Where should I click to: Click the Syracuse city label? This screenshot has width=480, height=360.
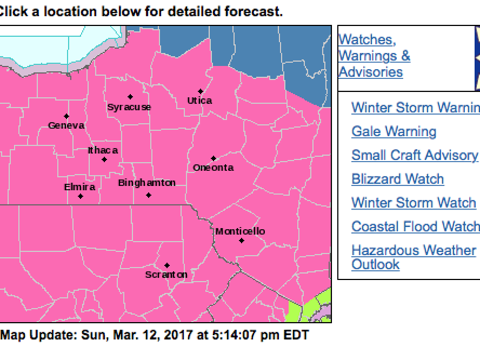click(x=129, y=107)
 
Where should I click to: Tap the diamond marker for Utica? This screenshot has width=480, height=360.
click(x=200, y=92)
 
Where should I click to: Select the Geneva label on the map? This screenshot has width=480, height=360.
click(x=66, y=126)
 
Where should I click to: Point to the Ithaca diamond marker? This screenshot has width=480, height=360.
click(x=104, y=160)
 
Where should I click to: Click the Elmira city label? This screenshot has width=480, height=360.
click(x=80, y=187)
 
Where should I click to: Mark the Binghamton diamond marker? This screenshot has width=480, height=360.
click(x=148, y=195)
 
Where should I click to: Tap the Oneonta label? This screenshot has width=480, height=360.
click(x=213, y=168)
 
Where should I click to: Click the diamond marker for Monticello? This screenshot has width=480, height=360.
click(x=242, y=240)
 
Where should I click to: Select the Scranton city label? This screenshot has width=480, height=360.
click(x=166, y=275)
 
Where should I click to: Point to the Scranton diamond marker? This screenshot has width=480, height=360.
click(x=167, y=266)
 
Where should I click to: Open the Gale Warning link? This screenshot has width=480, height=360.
click(x=394, y=132)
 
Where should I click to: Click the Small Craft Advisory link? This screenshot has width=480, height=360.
click(x=414, y=155)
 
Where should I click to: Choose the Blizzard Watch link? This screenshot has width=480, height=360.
click(x=398, y=179)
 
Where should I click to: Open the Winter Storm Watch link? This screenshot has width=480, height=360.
click(x=414, y=203)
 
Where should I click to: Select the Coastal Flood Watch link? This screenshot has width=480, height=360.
click(x=415, y=226)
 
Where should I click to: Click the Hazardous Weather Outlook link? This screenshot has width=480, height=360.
click(x=413, y=251)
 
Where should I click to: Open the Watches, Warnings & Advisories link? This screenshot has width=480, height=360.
click(x=374, y=56)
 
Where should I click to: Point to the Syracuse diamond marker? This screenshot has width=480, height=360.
click(x=130, y=97)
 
